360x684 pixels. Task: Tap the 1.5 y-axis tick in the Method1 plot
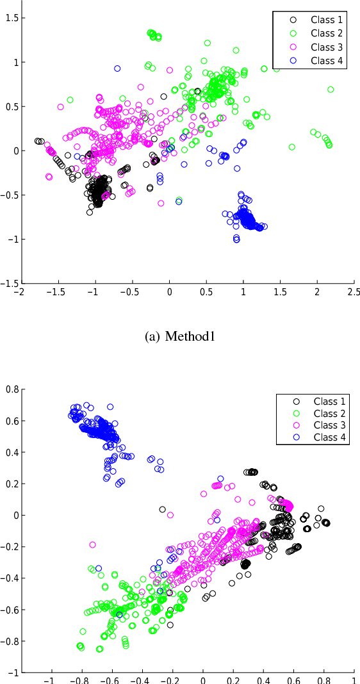pyautogui.click(x=10, y=18)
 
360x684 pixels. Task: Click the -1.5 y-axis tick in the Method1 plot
pyautogui.click(x=8, y=283)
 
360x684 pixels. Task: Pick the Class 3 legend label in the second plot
pyautogui.click(x=331, y=426)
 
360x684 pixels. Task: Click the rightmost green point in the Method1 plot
pyautogui.click(x=331, y=90)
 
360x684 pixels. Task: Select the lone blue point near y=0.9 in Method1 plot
pyautogui.click(x=117, y=69)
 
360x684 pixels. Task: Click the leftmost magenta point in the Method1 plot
pyautogui.click(x=47, y=145)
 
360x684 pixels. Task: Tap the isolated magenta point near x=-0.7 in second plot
pyautogui.click(x=92, y=545)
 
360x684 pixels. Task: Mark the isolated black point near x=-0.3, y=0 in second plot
pyautogui.click(x=162, y=510)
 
